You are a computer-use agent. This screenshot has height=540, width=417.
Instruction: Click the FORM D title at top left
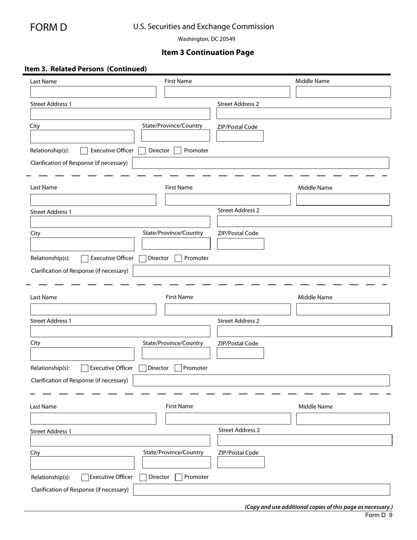48,27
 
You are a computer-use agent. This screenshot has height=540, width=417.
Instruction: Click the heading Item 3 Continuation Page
208,52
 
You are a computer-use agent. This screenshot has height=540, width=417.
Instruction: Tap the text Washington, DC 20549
206,39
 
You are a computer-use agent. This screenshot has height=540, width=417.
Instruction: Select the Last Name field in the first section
93,92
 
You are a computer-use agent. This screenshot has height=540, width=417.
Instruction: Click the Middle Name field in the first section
343,92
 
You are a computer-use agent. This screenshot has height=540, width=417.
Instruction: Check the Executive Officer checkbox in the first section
84,151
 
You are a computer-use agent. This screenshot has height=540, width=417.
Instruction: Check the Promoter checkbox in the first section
177,151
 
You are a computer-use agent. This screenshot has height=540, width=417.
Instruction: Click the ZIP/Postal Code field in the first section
240,136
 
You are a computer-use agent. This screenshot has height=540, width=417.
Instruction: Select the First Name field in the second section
227,200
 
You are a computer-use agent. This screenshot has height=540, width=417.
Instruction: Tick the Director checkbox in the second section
143,259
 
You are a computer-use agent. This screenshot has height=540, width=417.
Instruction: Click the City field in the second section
82,244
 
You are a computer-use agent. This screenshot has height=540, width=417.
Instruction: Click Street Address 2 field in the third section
304,331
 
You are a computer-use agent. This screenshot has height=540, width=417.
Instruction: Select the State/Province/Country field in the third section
176,353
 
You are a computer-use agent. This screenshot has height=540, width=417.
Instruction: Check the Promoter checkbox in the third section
178,368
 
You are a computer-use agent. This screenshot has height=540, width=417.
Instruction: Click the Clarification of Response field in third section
261,380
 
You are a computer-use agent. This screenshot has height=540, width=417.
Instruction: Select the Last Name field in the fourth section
93,418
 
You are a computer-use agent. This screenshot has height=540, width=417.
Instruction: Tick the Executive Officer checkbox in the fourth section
85,477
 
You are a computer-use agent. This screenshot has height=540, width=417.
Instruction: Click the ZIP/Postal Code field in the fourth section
241,462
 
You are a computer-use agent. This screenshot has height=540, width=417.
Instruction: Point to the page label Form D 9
378,515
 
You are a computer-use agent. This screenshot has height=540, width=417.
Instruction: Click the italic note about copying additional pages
318,507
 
